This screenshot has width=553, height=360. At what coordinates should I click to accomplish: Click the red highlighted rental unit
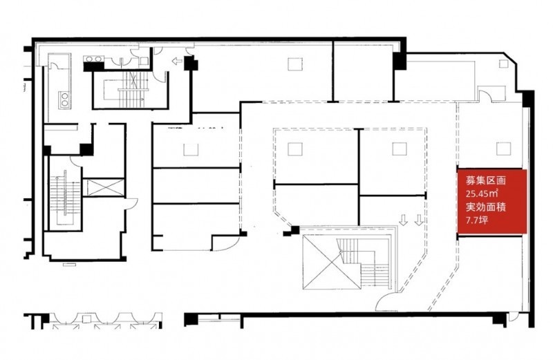click(492, 201)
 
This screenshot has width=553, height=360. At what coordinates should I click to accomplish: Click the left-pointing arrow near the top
click(177, 61)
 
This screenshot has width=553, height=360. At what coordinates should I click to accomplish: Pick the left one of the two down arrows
click(404, 220)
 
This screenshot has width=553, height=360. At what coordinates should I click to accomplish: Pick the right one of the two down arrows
click(419, 220)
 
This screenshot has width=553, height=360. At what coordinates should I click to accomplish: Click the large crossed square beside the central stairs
click(332, 262)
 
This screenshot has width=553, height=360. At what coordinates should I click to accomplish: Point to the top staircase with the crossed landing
click(131, 90)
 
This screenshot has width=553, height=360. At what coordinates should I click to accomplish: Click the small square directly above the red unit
click(503, 149)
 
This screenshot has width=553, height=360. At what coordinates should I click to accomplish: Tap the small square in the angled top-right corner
click(503, 64)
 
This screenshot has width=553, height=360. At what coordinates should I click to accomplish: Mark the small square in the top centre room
click(295, 64)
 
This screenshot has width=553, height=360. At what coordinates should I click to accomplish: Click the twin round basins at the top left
click(93, 59)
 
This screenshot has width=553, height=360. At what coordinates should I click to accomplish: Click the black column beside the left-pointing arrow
click(191, 64)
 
